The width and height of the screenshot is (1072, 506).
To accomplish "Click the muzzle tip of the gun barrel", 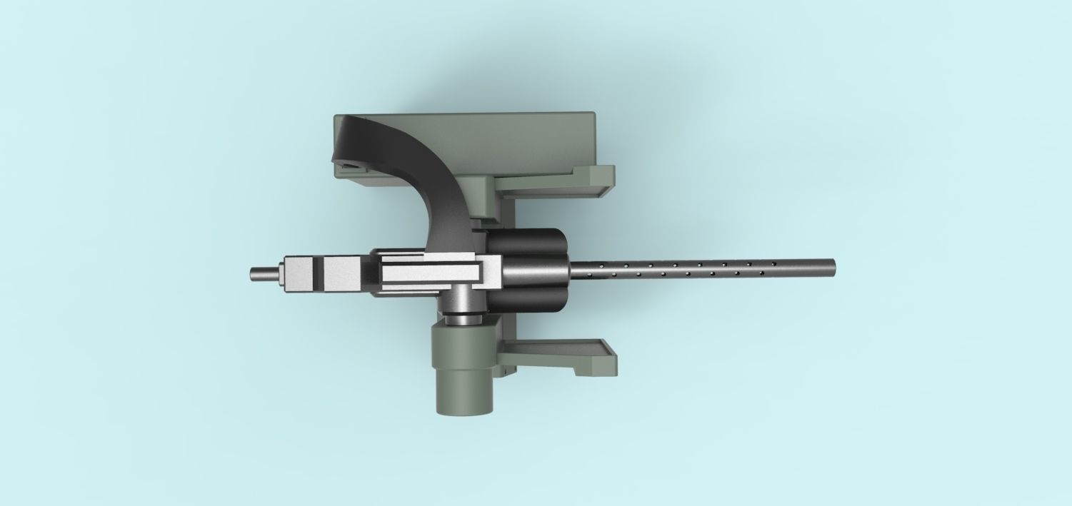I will coord(833,268).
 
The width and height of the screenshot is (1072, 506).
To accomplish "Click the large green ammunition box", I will coord(500,143).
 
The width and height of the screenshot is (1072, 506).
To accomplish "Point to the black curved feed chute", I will coord(414,164).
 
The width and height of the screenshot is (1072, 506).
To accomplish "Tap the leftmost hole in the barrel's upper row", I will coord(588,263).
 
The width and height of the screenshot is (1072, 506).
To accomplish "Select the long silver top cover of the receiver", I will coord(429,272).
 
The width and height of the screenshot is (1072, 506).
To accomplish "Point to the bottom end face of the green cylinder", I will coord(464,405).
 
